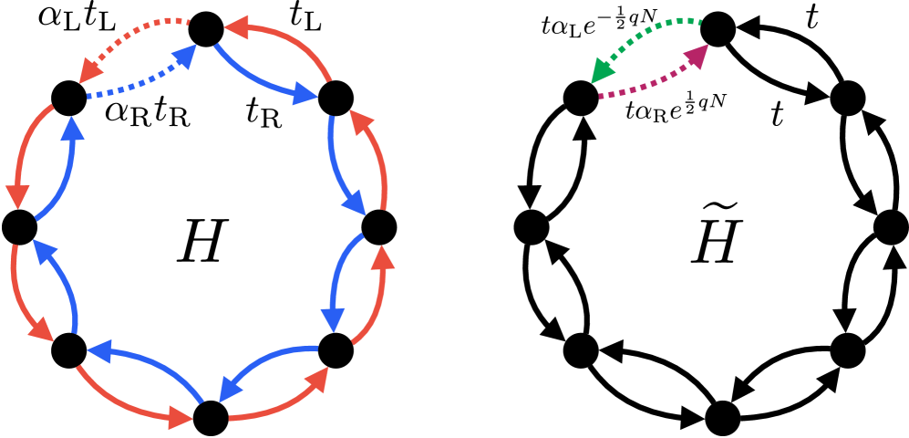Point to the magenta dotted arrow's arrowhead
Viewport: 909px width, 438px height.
697,56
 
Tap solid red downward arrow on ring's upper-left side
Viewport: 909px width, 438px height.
24,155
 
